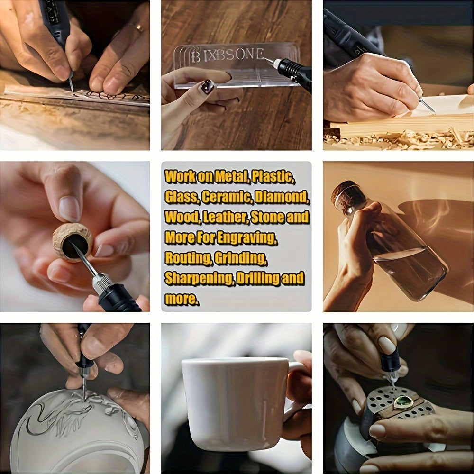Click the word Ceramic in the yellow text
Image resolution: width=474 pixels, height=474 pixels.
click(227, 197)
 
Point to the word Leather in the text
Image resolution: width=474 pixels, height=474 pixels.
click(226, 217)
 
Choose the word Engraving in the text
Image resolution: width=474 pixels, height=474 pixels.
click(247, 238)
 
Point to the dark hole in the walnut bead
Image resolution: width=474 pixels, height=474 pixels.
click(75, 245)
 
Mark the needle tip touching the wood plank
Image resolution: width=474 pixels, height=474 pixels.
click(434, 112)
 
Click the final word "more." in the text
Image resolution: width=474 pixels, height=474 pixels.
click(182, 299)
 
